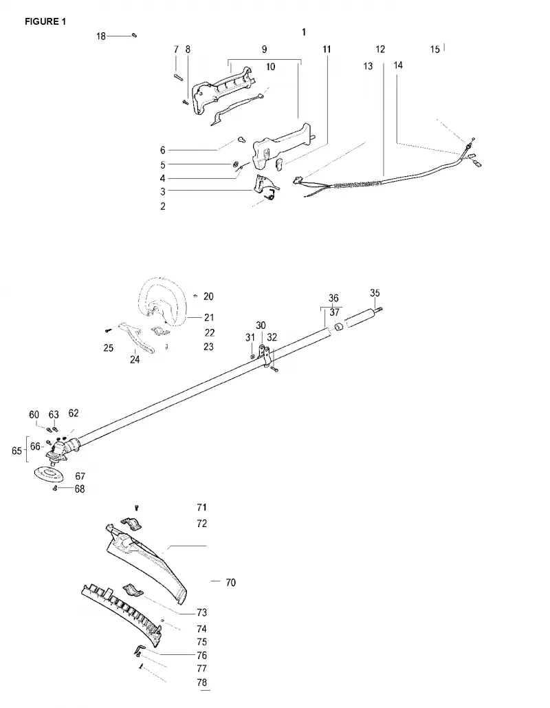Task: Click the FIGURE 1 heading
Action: coord(45,22)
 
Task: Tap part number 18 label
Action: coord(101,36)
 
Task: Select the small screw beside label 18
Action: coord(134,35)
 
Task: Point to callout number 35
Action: coord(375,293)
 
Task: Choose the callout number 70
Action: coord(230,583)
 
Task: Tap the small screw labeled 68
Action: coord(55,488)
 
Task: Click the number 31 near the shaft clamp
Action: coord(250,337)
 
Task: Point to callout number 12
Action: coord(380,50)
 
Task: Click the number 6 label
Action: coord(163,151)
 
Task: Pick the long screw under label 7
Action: coord(177,77)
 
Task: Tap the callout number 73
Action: coord(201,612)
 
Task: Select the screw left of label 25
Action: coord(108,330)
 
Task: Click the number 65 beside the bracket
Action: coord(16,451)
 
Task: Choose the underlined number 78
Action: coord(201,683)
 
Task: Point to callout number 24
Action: coord(135,359)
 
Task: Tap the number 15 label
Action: coord(435,50)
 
